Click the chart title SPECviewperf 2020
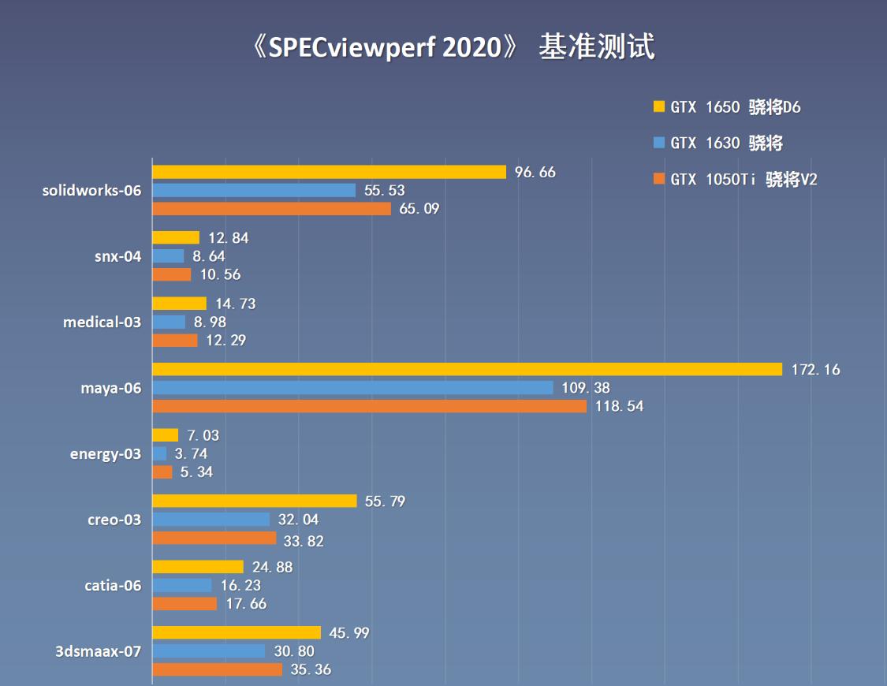(x=450, y=48)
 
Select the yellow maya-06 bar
(x=467, y=369)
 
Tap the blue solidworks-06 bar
(x=253, y=190)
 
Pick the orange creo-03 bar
(x=214, y=538)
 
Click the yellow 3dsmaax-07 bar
(x=237, y=632)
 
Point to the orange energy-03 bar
(x=162, y=472)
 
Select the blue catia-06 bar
(x=181, y=585)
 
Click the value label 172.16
(x=815, y=369)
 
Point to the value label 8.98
(x=210, y=322)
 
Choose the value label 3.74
(x=191, y=453)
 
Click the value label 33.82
(x=304, y=541)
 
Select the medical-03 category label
(x=102, y=322)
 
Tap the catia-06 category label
(x=113, y=585)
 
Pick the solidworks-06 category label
(x=92, y=190)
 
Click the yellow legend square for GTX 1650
(x=659, y=106)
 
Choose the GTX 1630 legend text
(x=726, y=143)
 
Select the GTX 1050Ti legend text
(x=744, y=180)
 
